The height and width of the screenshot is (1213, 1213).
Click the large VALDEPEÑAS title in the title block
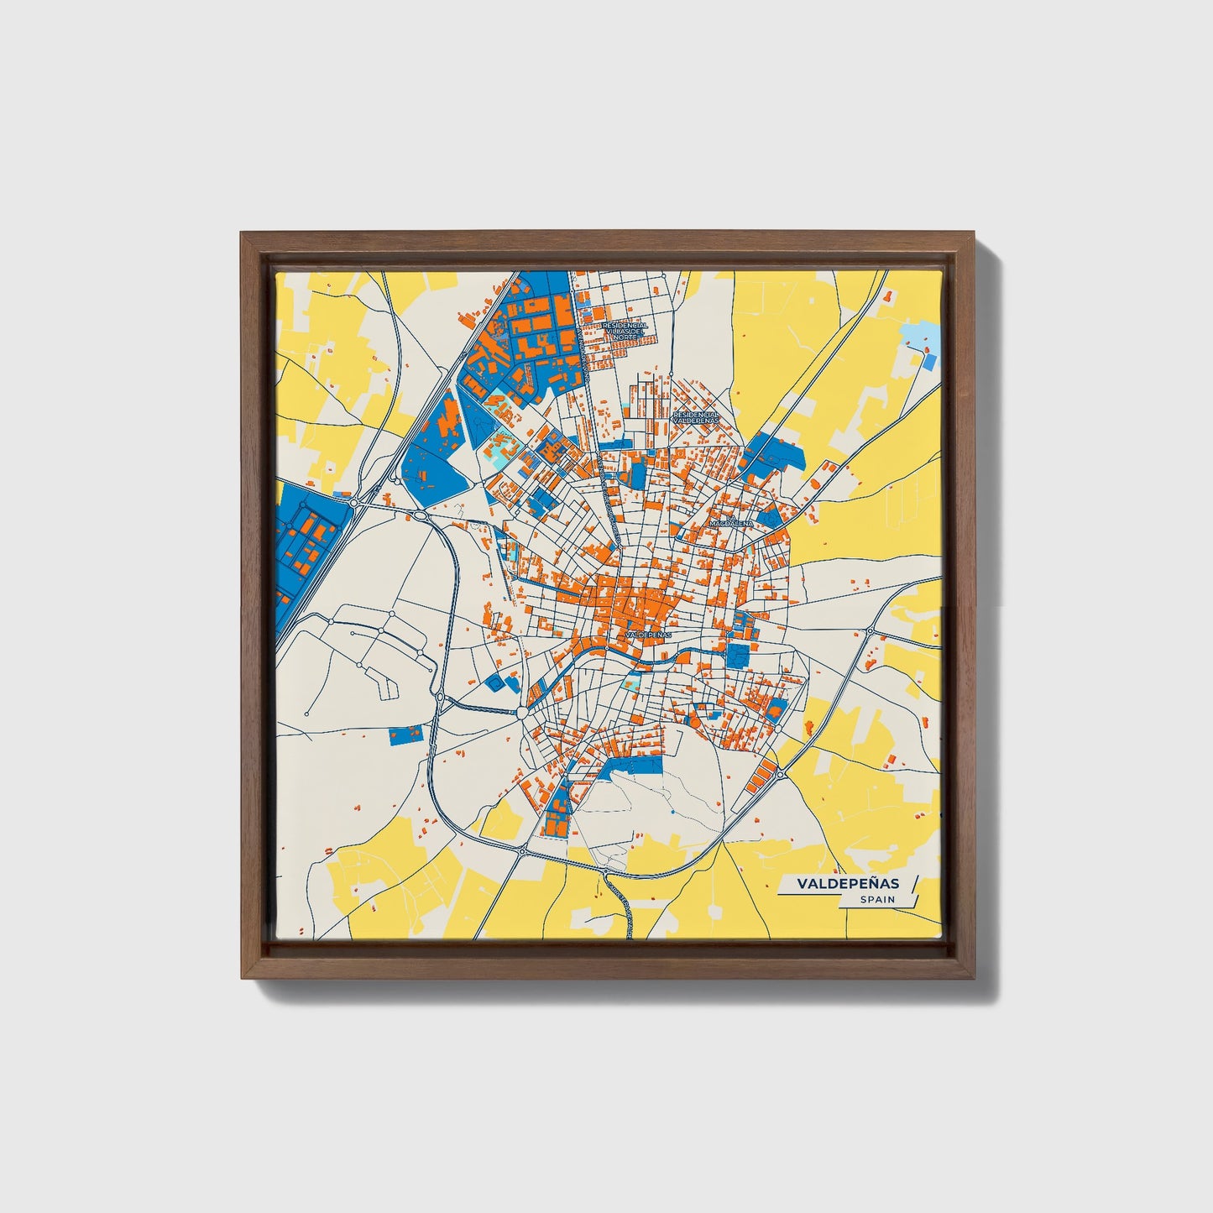(848, 883)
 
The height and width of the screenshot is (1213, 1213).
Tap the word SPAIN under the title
(876, 900)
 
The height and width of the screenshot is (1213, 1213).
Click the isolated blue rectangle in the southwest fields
(407, 735)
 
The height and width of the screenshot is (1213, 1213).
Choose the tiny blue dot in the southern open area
(673, 813)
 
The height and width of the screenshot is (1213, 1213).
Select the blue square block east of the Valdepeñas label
(738, 656)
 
